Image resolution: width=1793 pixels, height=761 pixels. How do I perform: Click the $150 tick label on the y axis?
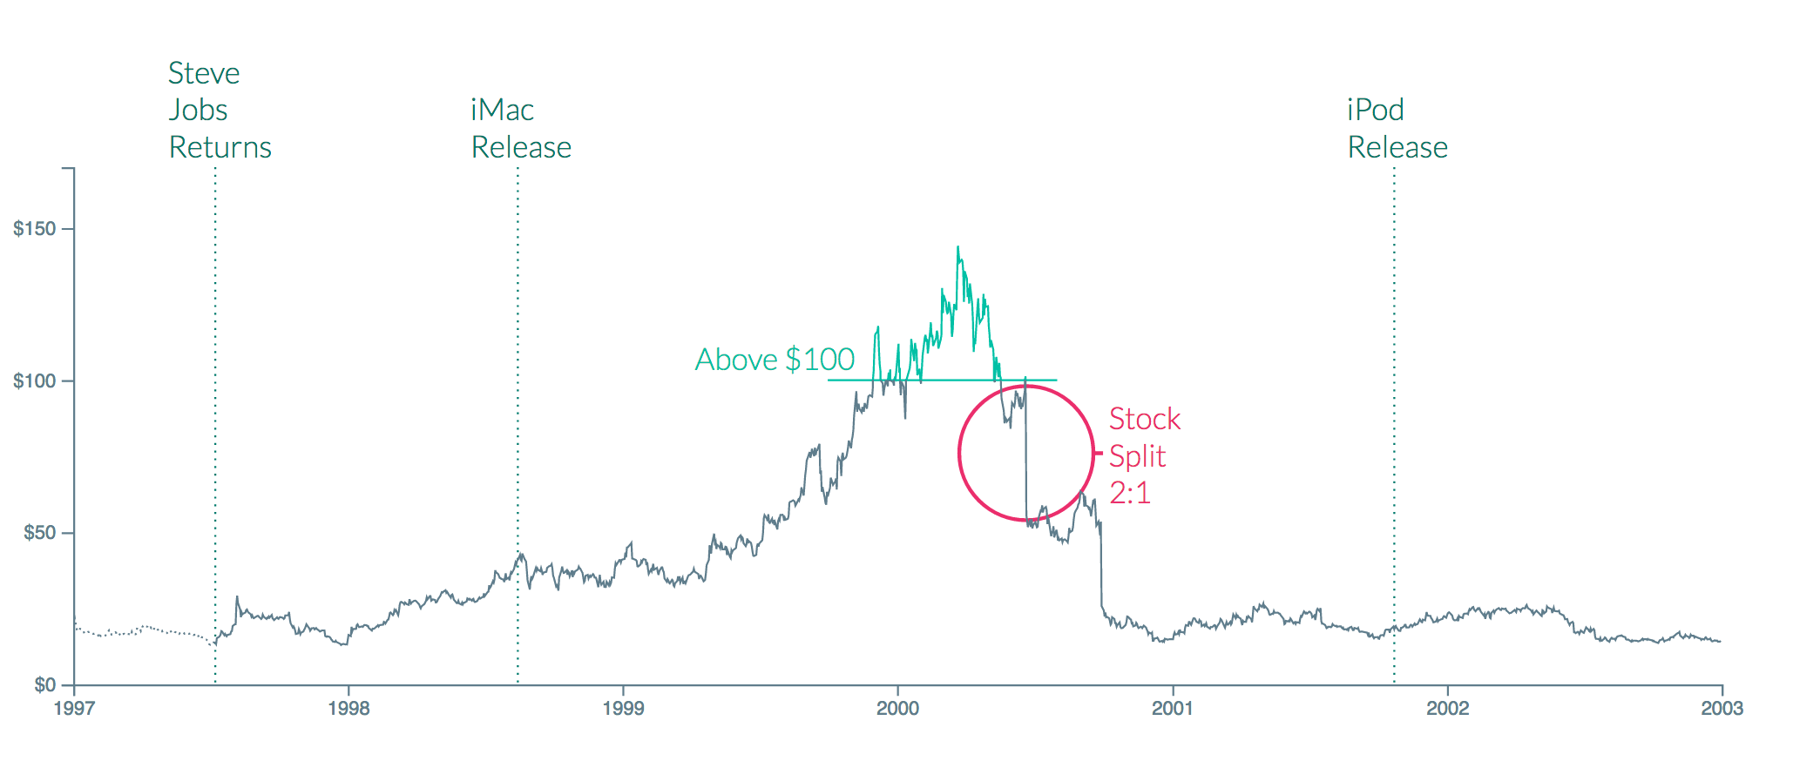pos(34,229)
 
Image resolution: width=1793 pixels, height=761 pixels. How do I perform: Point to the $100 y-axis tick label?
pos(34,381)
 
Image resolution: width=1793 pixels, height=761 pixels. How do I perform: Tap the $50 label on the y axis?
pos(39,533)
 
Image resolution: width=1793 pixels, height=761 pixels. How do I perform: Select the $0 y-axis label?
pos(44,685)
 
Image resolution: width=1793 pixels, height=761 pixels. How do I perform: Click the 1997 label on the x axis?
pos(74,708)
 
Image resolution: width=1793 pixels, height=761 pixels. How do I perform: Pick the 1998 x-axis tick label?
pos(348,708)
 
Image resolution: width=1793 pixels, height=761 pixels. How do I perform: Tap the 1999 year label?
pos(623,708)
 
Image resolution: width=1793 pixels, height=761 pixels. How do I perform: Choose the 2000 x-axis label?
pos(897,708)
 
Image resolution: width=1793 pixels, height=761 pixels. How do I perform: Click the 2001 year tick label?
pos(1173,708)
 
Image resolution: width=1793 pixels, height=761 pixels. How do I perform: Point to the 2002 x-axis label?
pos(1447,708)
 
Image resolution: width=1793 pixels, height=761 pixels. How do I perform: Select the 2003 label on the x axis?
pos(1722,708)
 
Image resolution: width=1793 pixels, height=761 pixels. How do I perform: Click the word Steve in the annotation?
pos(204,73)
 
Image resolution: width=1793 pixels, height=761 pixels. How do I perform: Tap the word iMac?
pos(502,110)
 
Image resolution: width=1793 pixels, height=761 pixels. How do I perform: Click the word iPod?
pos(1375,110)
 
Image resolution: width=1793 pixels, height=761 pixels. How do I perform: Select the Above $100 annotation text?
pos(775,360)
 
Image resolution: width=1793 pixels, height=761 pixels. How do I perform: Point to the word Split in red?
pos(1137,456)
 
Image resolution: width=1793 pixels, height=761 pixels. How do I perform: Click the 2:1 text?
pos(1130,493)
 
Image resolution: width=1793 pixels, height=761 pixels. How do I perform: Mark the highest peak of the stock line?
pos(957,247)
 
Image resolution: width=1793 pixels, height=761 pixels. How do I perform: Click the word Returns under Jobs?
pos(220,147)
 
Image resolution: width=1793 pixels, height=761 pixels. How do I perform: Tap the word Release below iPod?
pos(1397,147)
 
